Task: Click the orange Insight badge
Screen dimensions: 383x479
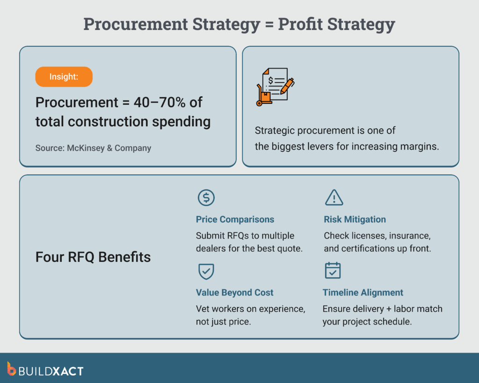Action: [64, 77]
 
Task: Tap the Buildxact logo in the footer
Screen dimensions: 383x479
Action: [45, 371]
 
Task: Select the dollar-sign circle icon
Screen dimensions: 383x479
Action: [206, 198]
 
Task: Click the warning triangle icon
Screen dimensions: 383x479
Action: [334, 198]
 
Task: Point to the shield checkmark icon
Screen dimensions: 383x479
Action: [206, 271]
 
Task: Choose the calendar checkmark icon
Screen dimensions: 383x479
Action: [333, 271]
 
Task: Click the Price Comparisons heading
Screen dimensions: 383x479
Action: [235, 219]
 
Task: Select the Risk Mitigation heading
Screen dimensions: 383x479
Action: [355, 219]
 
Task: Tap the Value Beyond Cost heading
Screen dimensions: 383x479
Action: [234, 293]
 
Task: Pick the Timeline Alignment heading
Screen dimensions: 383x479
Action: [363, 293]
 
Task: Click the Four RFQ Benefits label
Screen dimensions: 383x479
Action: [93, 257]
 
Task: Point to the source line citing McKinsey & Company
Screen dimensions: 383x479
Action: [93, 148]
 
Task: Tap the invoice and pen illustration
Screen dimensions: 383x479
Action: [275, 86]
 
